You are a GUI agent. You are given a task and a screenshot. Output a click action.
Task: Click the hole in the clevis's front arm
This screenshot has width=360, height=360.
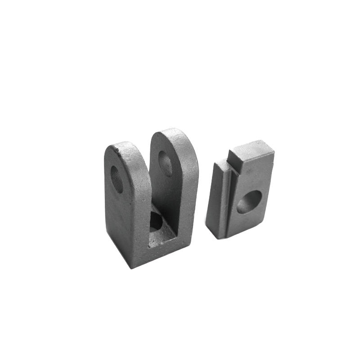click(117, 180)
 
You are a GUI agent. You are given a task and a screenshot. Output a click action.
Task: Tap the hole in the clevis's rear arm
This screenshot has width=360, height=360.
click(165, 163)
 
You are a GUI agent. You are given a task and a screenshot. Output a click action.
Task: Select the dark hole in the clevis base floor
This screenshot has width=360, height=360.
click(156, 221)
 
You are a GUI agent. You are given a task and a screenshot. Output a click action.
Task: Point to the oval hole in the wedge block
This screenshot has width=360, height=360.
click(249, 202)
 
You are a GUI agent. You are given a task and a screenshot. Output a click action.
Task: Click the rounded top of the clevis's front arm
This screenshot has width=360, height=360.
click(121, 146)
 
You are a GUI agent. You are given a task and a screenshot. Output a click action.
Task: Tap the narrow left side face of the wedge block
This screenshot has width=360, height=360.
click(213, 198)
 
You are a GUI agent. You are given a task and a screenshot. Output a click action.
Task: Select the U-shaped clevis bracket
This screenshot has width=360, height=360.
click(148, 202)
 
